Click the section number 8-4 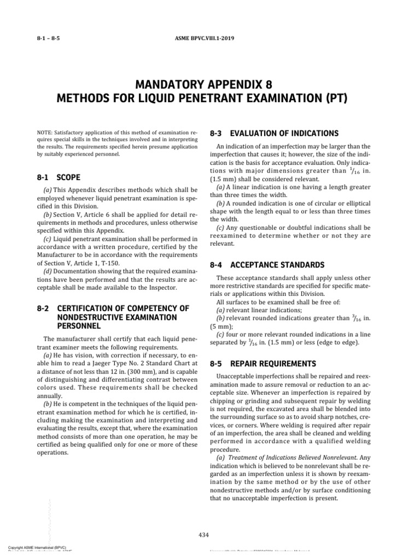pyautogui.click(x=217, y=265)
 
